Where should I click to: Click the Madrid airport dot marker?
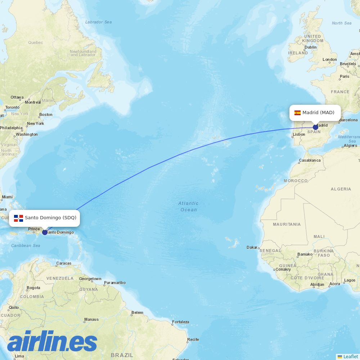(x=316, y=127)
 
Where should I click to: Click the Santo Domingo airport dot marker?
(x=45, y=232)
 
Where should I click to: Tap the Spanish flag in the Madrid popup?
(x=297, y=113)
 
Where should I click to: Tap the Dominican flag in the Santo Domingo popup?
(x=18, y=218)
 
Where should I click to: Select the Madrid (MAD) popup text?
(x=318, y=113)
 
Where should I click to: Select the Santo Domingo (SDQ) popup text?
(x=50, y=218)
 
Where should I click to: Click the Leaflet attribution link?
(x=350, y=356)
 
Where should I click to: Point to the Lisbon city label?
(x=299, y=134)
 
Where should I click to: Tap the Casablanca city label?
(x=310, y=160)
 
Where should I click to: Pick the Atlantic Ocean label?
(x=188, y=207)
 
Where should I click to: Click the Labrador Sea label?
(x=98, y=22)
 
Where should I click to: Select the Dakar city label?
(x=252, y=247)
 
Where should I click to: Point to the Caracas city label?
(x=64, y=263)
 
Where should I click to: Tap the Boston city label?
(x=46, y=114)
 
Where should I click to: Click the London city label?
(x=329, y=60)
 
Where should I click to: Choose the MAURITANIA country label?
(x=287, y=224)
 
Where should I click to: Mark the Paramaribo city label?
(x=114, y=283)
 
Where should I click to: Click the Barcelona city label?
(x=348, y=120)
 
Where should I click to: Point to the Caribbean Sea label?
(x=26, y=246)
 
